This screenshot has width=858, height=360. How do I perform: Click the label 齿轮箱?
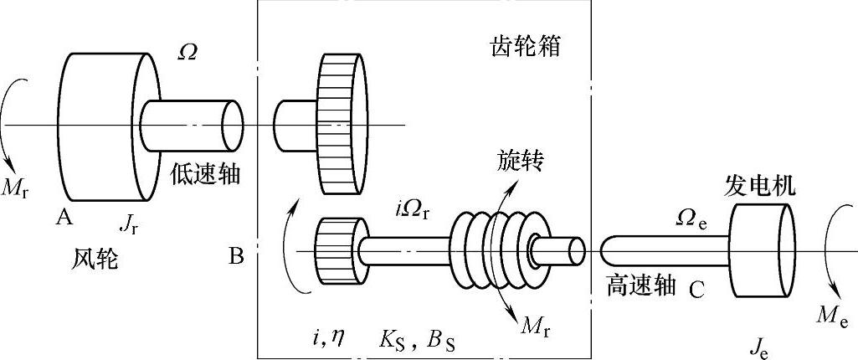523,47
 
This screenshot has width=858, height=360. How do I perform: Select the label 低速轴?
206,173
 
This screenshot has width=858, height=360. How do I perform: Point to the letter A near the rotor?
63,218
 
